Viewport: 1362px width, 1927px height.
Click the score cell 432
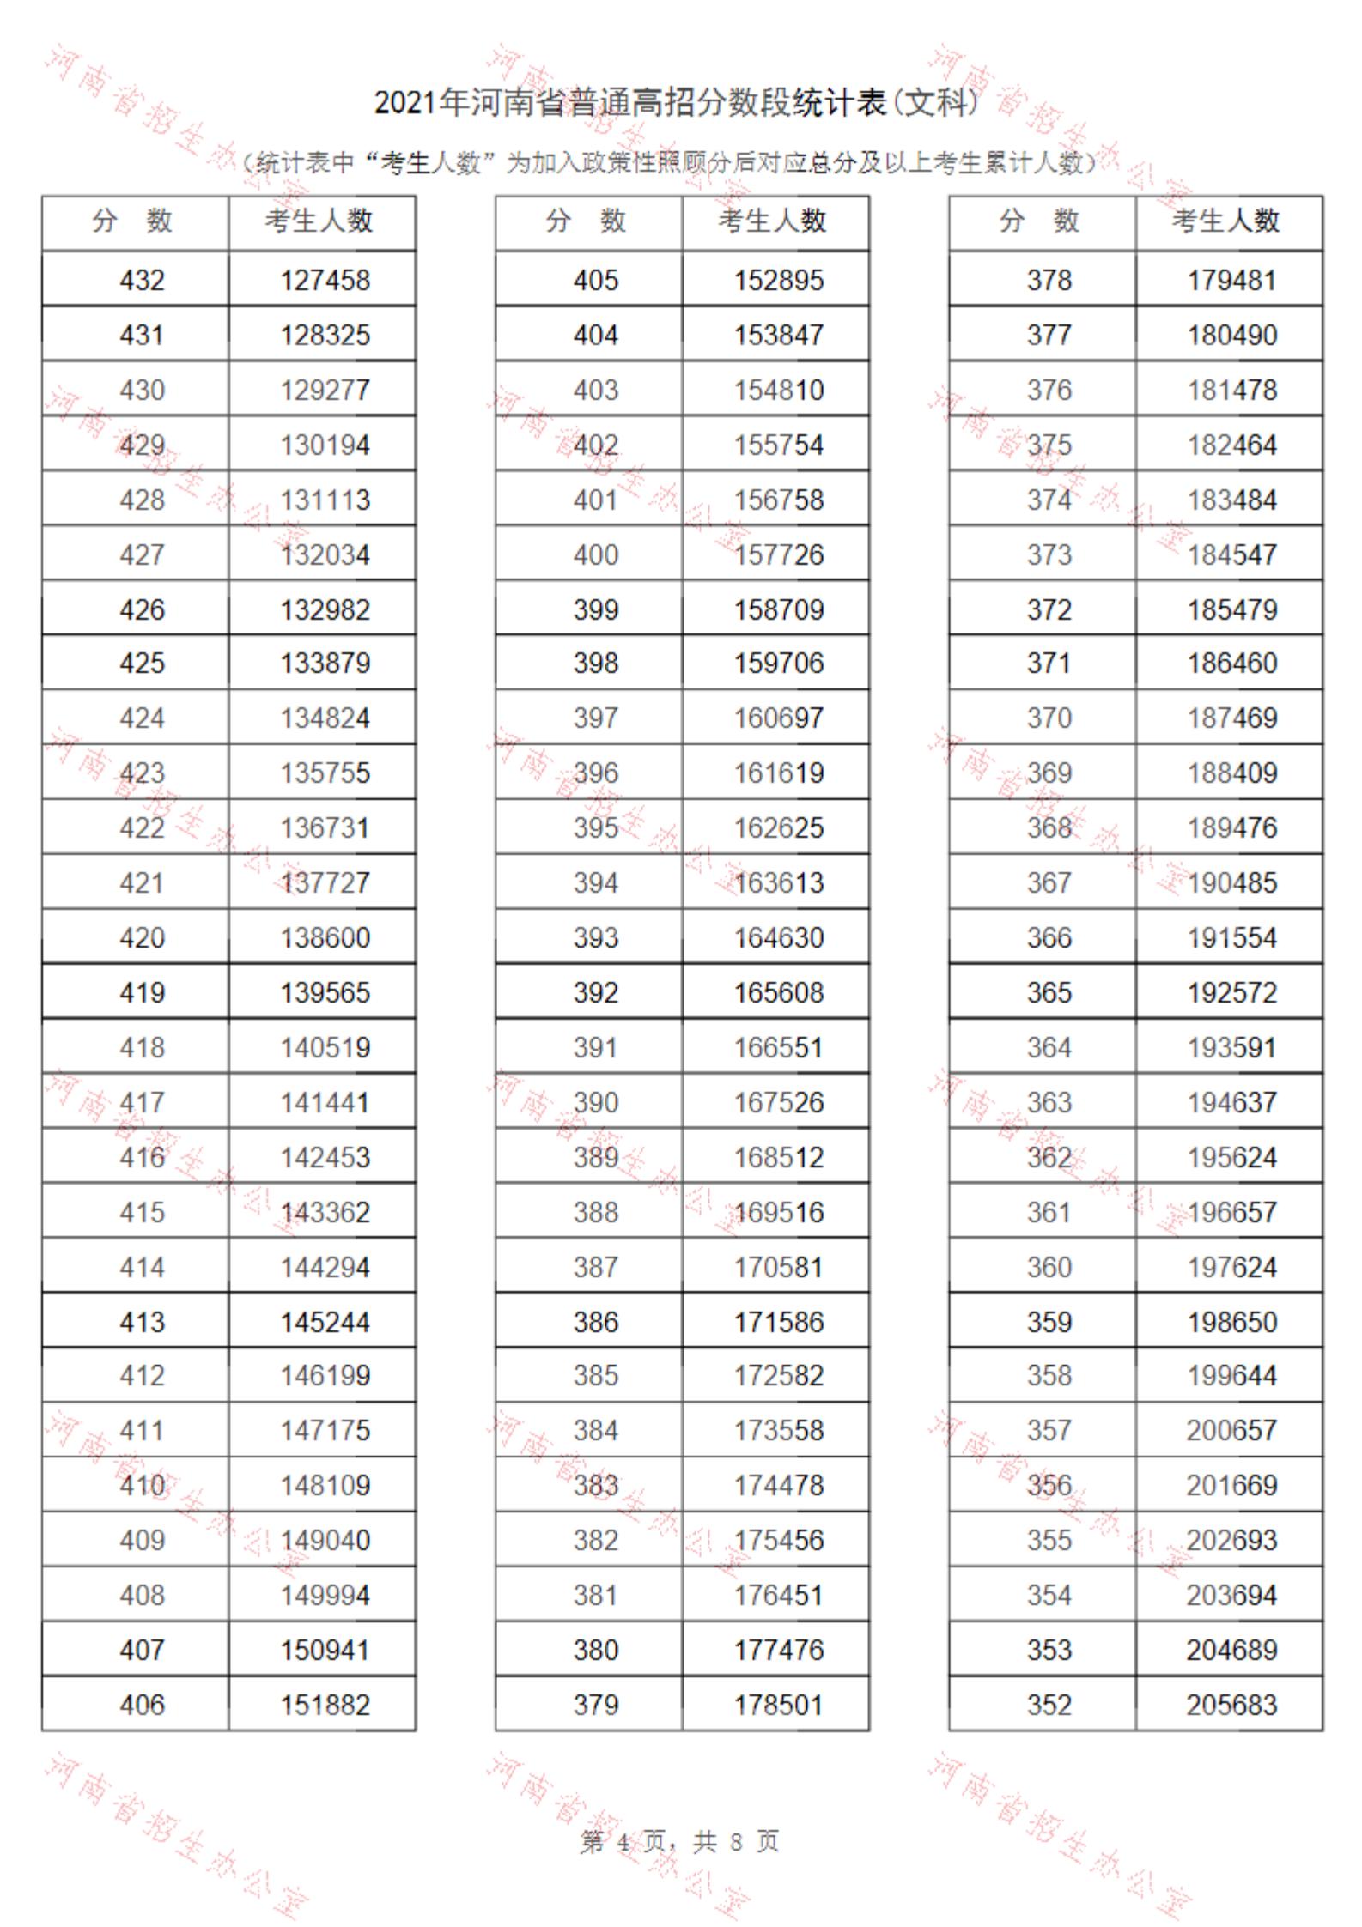[142, 280]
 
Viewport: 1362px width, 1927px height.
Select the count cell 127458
[325, 280]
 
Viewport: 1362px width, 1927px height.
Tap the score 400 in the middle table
[595, 554]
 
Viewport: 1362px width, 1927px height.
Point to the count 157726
[778, 554]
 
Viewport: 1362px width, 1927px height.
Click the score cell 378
[1049, 280]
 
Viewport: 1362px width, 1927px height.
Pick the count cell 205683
[1231, 1704]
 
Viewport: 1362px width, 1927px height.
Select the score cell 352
[1049, 1704]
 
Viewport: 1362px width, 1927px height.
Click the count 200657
[1231, 1430]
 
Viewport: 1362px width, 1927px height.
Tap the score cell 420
[142, 937]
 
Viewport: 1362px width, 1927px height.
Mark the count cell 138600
[325, 937]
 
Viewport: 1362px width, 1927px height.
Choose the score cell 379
[595, 1704]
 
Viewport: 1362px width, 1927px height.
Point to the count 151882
[325, 1704]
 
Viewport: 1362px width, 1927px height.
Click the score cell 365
[1049, 992]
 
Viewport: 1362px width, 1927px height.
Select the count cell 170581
[778, 1267]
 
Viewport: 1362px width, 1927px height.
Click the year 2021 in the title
[405, 104]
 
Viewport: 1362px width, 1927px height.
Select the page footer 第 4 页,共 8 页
[679, 1842]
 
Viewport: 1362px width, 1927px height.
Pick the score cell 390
[595, 1102]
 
